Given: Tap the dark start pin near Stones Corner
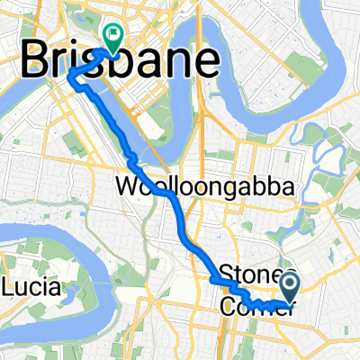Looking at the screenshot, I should (x=291, y=287).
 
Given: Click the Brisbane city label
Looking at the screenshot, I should (x=119, y=63).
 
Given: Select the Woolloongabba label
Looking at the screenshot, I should (x=205, y=187).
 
